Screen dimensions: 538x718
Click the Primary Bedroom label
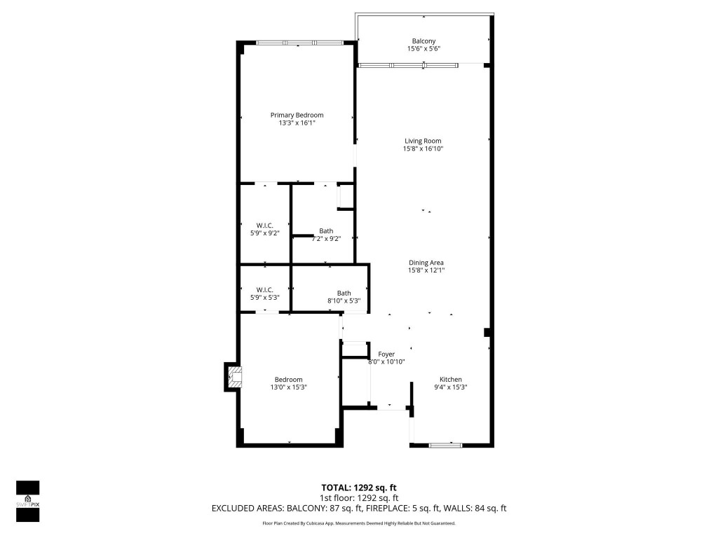(297, 115)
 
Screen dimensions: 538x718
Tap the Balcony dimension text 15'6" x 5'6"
(424, 49)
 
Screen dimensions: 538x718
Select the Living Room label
(423, 141)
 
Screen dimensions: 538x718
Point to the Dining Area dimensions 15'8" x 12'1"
(427, 270)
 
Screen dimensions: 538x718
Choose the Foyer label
(386, 354)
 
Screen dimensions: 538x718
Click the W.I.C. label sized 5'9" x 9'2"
(264, 225)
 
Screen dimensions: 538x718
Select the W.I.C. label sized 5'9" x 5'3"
(264, 289)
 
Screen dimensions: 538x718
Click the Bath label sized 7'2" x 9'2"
(326, 230)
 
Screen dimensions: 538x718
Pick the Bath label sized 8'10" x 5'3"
(344, 293)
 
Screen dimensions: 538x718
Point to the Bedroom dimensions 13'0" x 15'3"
(289, 387)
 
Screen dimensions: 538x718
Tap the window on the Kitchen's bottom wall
(445, 445)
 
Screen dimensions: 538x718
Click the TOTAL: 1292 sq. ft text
(359, 487)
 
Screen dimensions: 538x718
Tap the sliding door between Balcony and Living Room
(408, 65)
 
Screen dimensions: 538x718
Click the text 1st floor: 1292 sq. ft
(359, 498)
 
